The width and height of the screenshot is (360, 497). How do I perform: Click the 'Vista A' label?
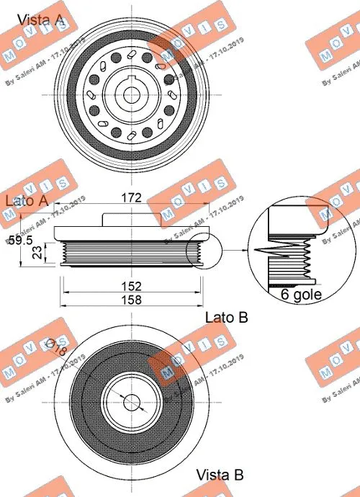tap(40, 19)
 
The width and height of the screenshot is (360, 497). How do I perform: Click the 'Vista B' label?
tap(220, 475)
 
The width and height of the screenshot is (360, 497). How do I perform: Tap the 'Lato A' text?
tap(27, 200)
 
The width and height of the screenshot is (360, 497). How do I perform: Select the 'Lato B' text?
tap(227, 317)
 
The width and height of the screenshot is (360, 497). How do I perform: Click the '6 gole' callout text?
tap(300, 295)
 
